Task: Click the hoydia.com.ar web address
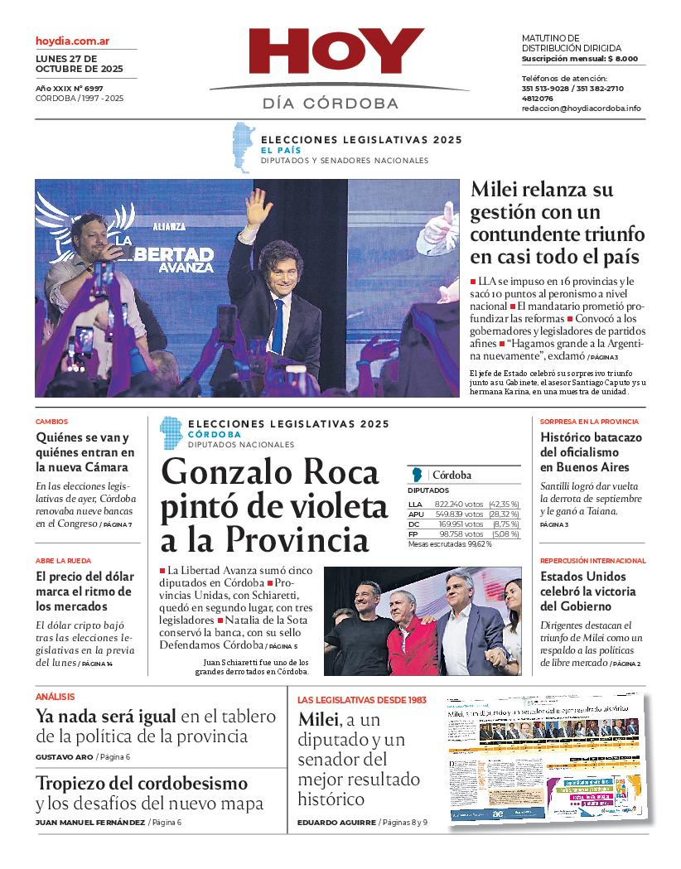(73, 41)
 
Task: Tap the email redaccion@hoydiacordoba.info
(581, 109)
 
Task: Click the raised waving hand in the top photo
(258, 207)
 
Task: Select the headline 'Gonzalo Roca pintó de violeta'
(273, 505)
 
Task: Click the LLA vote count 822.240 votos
(459, 504)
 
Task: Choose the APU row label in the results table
(416, 514)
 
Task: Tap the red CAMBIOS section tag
(52, 422)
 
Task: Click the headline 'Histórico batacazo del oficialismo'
(591, 452)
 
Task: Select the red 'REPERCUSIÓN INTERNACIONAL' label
(592, 561)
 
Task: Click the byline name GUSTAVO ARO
(64, 757)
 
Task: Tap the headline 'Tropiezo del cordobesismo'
(142, 783)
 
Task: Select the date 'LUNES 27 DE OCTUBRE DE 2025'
(80, 64)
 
